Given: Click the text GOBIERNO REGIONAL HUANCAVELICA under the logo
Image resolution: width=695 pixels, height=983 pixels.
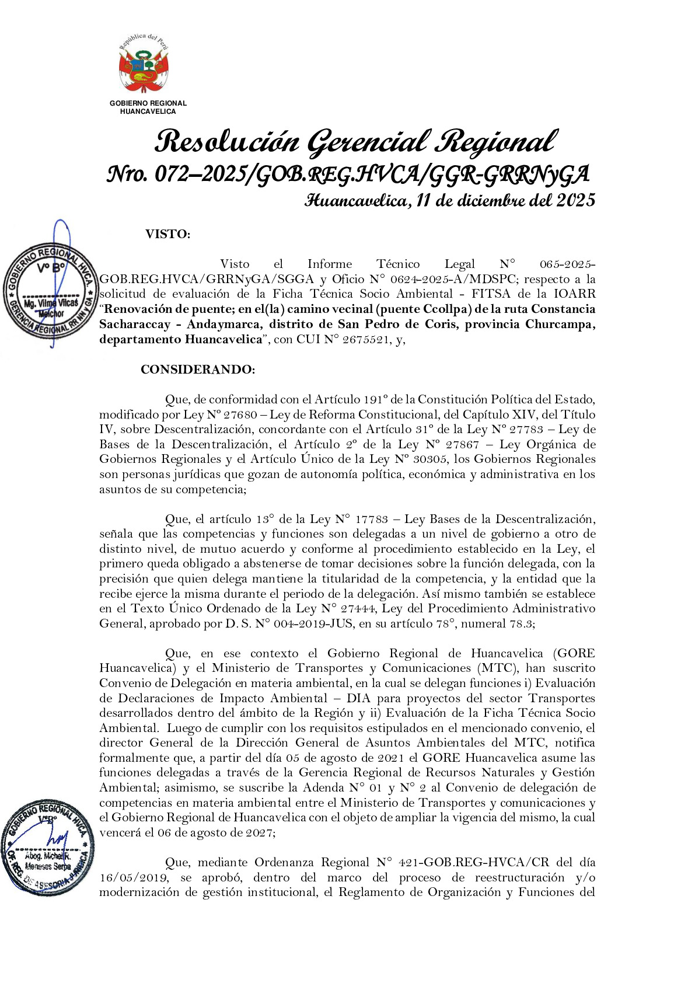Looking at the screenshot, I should tap(148, 107).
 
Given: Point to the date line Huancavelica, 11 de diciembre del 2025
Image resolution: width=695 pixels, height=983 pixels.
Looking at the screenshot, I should tap(450, 201).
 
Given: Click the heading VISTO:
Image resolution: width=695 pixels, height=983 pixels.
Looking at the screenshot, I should tap(167, 235).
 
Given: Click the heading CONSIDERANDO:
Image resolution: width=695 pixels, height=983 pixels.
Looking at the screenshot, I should tap(198, 370).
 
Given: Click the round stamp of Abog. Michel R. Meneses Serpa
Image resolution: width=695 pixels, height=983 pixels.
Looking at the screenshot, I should tap(48, 847).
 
